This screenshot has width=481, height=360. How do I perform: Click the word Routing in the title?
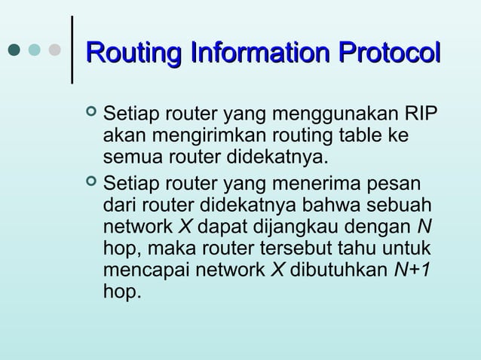click(134, 54)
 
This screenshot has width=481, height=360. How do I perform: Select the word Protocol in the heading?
click(388, 54)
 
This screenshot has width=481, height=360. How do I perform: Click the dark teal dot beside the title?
click(14, 50)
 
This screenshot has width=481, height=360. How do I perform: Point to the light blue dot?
click(35, 50)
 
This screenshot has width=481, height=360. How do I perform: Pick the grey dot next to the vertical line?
click(54, 50)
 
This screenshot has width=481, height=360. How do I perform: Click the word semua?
click(130, 159)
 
